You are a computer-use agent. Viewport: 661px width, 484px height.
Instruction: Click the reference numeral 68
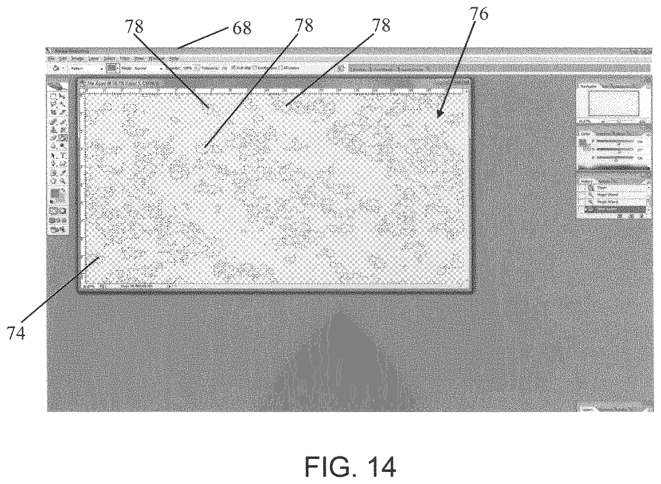[x=242, y=28]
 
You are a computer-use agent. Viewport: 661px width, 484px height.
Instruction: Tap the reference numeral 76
[x=479, y=14]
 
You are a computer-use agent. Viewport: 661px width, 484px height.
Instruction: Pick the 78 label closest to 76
[x=381, y=25]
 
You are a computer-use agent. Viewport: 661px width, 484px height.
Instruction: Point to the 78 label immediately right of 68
[x=304, y=25]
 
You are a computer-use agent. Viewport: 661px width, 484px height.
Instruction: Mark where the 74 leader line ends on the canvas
[x=99, y=257]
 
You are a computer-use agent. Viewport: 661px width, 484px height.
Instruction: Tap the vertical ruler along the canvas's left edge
[x=83, y=188]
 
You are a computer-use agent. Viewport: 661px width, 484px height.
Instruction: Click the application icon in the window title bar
[x=49, y=51]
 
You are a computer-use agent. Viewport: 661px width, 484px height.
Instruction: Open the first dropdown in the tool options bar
[x=86, y=68]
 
